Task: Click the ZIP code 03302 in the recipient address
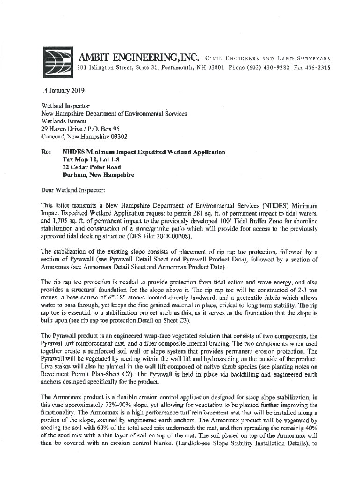coord(117,137)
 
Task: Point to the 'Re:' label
coord(46,152)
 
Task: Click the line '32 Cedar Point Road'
coord(92,167)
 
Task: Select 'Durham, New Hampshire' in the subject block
coord(98,174)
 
